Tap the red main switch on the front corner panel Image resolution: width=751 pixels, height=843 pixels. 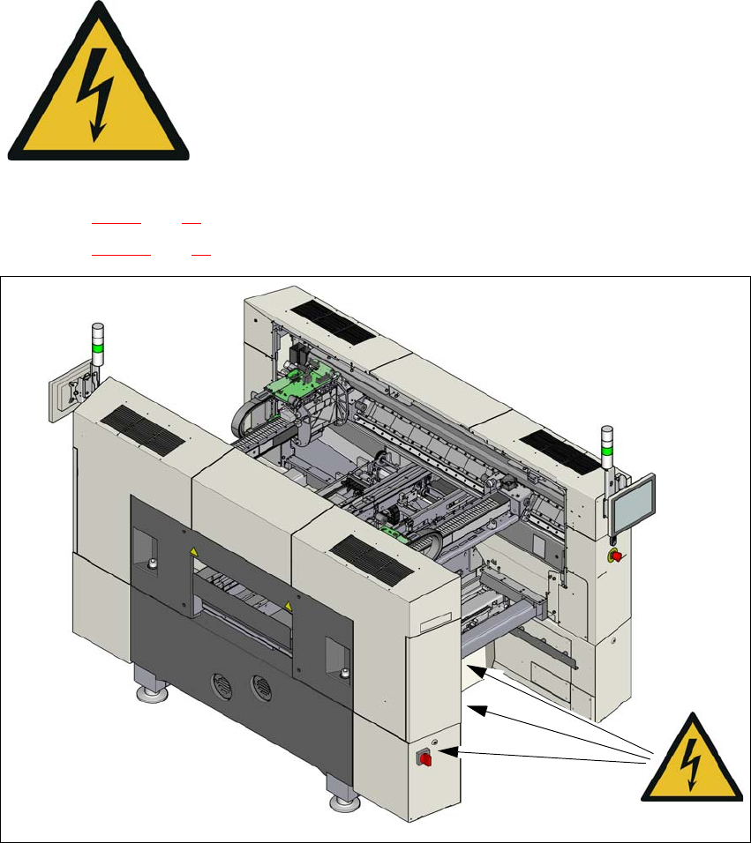point(424,757)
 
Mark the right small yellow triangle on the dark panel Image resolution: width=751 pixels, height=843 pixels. point(288,606)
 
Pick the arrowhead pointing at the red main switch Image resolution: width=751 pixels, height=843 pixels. point(441,751)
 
